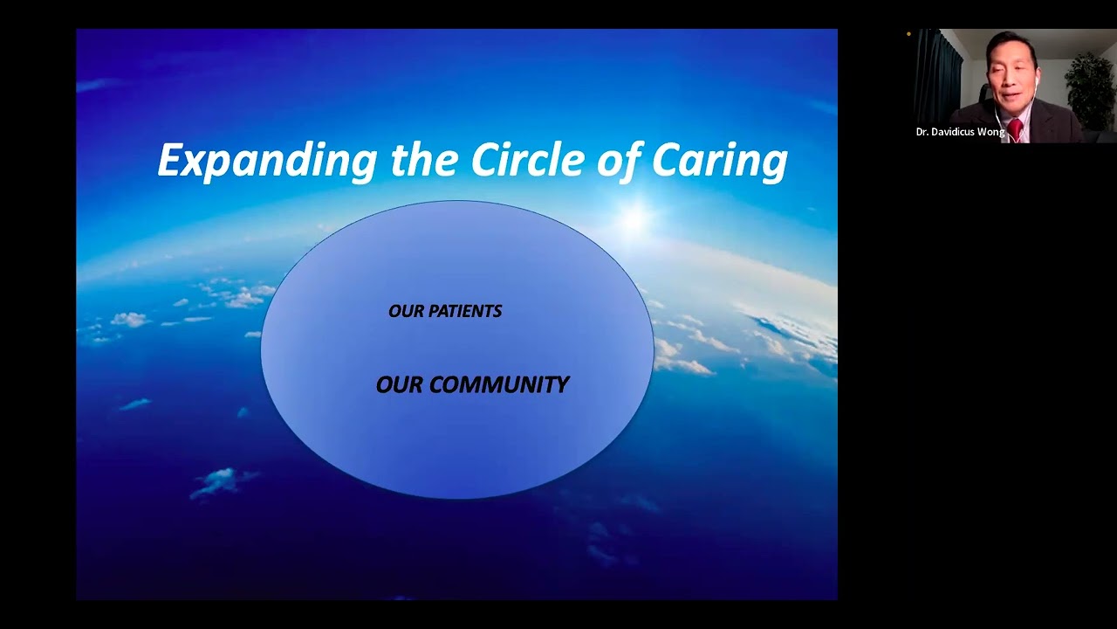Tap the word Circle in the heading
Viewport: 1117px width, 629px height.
(x=521, y=160)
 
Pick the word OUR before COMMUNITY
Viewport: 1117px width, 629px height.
(x=399, y=384)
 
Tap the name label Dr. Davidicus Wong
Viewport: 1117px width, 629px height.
(x=960, y=132)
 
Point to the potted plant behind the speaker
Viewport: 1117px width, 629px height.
(x=1090, y=87)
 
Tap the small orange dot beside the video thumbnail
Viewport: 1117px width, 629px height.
(x=908, y=35)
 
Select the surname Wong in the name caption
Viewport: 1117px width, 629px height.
(x=992, y=132)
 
